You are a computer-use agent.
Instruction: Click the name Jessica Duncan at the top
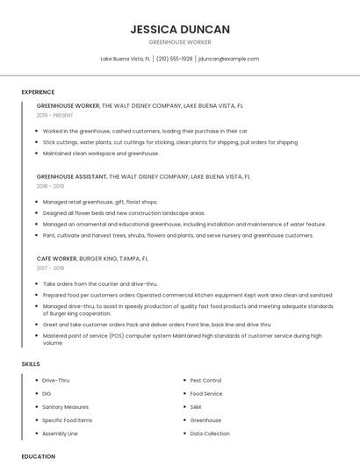click(x=180, y=29)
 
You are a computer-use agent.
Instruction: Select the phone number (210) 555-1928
click(x=174, y=59)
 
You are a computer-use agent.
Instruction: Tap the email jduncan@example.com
click(x=228, y=59)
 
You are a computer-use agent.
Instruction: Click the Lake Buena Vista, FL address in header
click(x=125, y=59)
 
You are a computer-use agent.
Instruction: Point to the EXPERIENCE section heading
click(x=38, y=92)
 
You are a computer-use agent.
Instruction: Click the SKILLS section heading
click(x=31, y=363)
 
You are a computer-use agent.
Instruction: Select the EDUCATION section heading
click(x=38, y=456)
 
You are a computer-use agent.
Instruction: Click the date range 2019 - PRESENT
click(x=55, y=115)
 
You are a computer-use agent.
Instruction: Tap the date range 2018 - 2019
click(x=50, y=186)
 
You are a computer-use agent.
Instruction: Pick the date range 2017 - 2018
click(x=50, y=268)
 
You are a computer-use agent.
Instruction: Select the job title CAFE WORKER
click(x=56, y=259)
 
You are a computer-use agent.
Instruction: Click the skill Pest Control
click(x=206, y=381)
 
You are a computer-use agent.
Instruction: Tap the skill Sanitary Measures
click(x=66, y=407)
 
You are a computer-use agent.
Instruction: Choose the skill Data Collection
click(x=210, y=433)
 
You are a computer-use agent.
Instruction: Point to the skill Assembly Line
click(x=61, y=433)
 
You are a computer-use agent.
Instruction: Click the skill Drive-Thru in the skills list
click(x=56, y=381)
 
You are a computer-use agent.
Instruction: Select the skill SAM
click(x=196, y=407)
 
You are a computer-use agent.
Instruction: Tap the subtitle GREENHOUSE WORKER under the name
click(x=180, y=42)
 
